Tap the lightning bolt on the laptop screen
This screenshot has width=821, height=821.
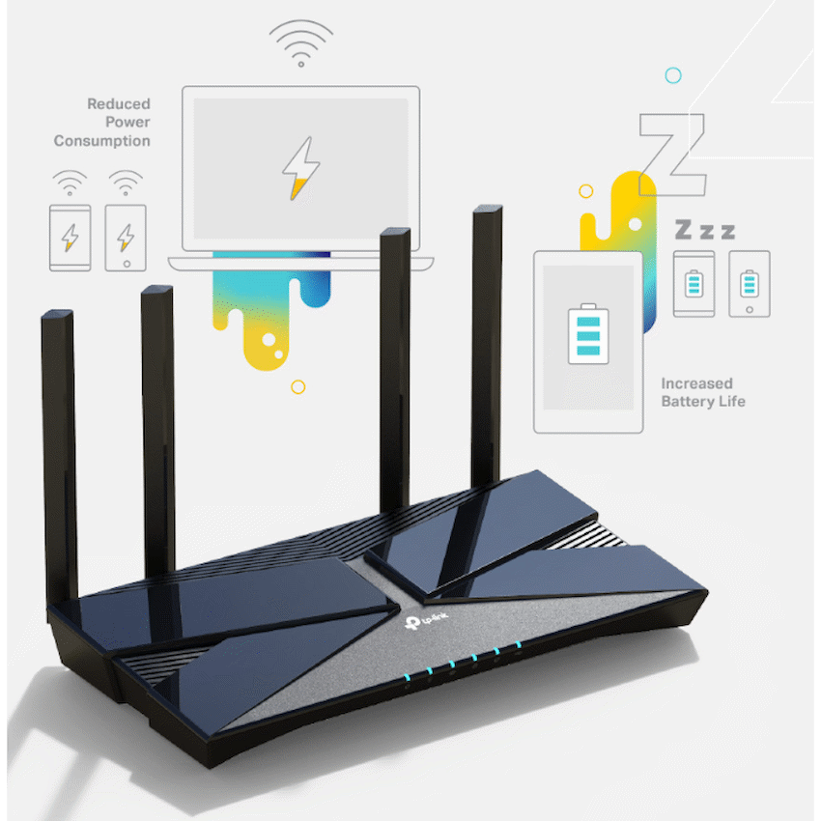299,168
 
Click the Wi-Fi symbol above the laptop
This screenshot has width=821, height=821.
300,44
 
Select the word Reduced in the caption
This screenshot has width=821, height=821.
119,104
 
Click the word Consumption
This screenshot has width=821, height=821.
101,141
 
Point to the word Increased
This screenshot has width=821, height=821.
696,383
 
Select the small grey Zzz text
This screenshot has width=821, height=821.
703,230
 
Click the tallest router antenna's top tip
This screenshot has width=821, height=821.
488,210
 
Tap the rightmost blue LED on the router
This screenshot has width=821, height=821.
518,645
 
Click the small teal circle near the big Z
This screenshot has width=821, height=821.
673,75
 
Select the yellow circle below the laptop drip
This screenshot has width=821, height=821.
298,386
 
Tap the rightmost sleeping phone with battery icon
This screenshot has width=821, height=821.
749,284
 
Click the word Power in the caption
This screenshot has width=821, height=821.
127,123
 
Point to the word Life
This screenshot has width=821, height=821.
730,402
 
